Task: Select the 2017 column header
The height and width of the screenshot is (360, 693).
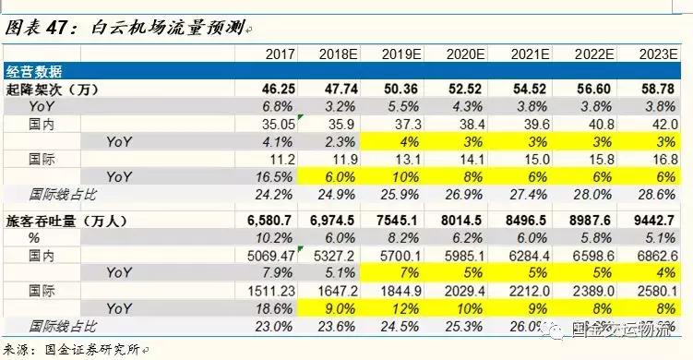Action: coord(279,54)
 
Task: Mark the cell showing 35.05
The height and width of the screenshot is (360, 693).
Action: coord(277,125)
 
